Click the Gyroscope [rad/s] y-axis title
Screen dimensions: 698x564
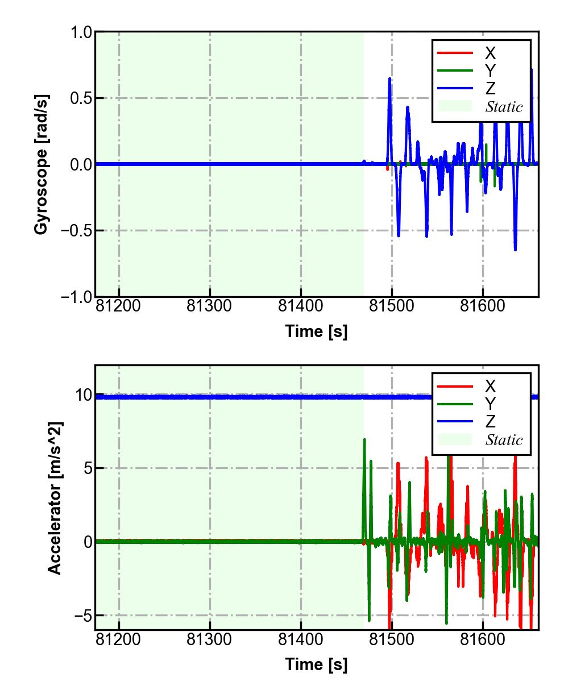coord(41,164)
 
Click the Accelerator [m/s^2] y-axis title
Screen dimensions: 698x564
coord(54,498)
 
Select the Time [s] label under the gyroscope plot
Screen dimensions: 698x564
coord(316,331)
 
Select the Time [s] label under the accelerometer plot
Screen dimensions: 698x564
coord(316,664)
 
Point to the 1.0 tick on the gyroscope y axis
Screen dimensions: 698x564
coord(81,32)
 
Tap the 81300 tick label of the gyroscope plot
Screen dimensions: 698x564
coord(210,306)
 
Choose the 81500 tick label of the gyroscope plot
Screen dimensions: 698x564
coord(391,306)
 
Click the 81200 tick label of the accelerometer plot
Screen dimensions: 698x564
coord(119,639)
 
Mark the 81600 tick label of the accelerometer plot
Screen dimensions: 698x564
coord(482,639)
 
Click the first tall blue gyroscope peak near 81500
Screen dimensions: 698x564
coord(389,79)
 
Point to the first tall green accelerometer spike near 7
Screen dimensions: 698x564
coord(364,440)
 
